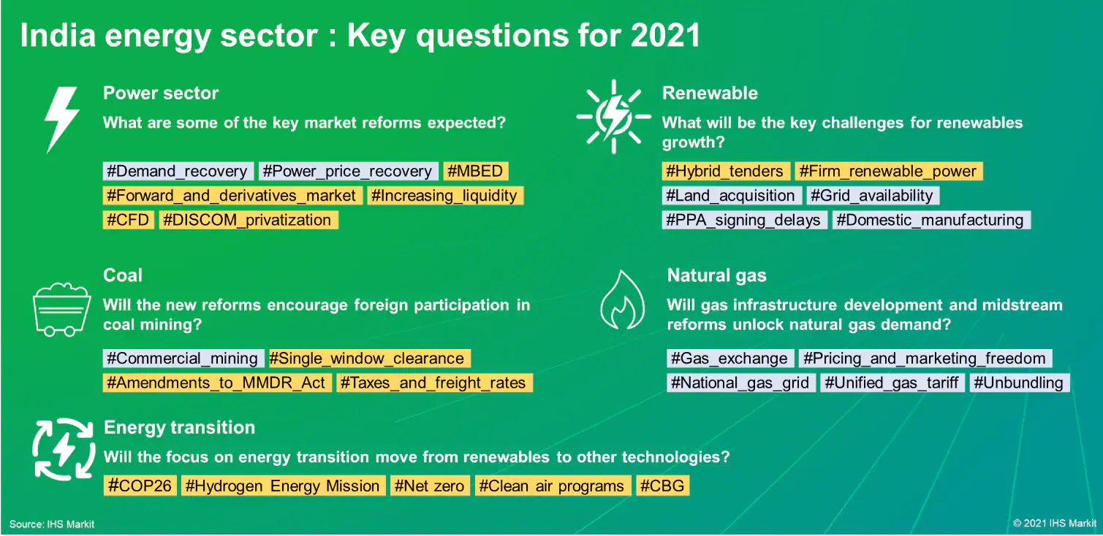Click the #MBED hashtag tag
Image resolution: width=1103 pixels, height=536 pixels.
tap(476, 171)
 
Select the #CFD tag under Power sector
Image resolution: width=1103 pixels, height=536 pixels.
tap(128, 220)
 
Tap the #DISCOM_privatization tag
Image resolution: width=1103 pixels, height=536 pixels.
tap(249, 220)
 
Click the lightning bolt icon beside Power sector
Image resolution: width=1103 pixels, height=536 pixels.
tap(62, 120)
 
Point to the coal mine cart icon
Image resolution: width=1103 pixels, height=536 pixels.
tap(61, 310)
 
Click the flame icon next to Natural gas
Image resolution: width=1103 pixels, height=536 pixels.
tap(623, 300)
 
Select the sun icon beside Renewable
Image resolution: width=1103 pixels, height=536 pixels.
tap(613, 117)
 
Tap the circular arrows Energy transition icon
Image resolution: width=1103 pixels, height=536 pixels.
tap(64, 449)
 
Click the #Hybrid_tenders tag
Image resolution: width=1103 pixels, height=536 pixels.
tap(725, 171)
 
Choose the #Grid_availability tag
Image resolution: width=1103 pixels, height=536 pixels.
tap(872, 196)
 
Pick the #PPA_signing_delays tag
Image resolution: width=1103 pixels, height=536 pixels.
tap(743, 220)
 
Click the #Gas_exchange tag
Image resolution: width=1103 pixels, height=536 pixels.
tap(729, 359)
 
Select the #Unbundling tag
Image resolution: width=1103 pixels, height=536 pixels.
tap(1019, 383)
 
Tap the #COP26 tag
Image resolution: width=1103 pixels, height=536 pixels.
tap(140, 486)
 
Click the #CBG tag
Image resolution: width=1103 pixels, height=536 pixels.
tap(662, 486)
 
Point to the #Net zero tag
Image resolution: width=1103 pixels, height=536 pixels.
tap(430, 486)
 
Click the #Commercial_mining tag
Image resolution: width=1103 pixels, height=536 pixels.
tap(183, 359)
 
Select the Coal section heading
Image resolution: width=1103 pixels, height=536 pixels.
tap(123, 275)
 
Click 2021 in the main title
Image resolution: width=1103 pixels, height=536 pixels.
tap(665, 35)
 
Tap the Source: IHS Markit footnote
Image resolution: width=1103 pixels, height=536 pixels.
tap(52, 524)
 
